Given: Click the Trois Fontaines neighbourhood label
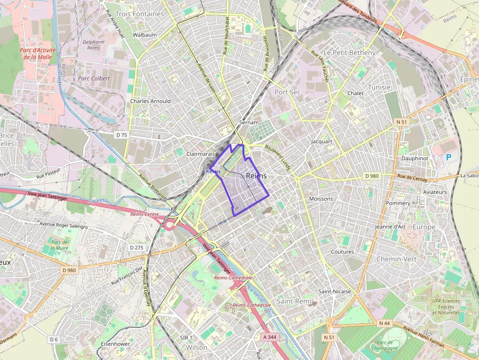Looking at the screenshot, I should pyautogui.click(x=139, y=14).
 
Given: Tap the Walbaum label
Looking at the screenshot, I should pyautogui.click(x=145, y=35).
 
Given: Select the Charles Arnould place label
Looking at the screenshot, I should pyautogui.click(x=150, y=101).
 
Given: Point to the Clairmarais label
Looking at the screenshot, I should pyautogui.click(x=201, y=154).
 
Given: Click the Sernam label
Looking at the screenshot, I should pyautogui.click(x=248, y=123).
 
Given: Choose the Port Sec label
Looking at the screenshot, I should pyautogui.click(x=287, y=92).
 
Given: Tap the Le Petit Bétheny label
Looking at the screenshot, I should pyautogui.click(x=349, y=52).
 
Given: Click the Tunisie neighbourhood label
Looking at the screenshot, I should pyautogui.click(x=379, y=87).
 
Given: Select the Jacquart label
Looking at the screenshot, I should pyautogui.click(x=322, y=142).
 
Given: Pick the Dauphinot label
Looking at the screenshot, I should pyautogui.click(x=414, y=159).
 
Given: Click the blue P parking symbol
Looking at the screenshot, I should pyautogui.click(x=449, y=157).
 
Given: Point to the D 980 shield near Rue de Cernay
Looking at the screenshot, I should pyautogui.click(x=372, y=176).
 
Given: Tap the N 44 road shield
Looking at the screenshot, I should pyautogui.click(x=384, y=323).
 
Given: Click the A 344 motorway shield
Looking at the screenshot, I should pyautogui.click(x=269, y=337).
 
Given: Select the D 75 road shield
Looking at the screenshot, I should pyautogui.click(x=121, y=135).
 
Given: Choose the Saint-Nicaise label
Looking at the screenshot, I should pyautogui.click(x=335, y=292).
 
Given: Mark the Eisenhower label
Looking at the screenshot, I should pyautogui.click(x=115, y=344).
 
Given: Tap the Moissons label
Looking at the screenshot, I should pyautogui.click(x=321, y=199).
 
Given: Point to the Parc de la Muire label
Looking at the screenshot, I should pyautogui.click(x=59, y=245).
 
